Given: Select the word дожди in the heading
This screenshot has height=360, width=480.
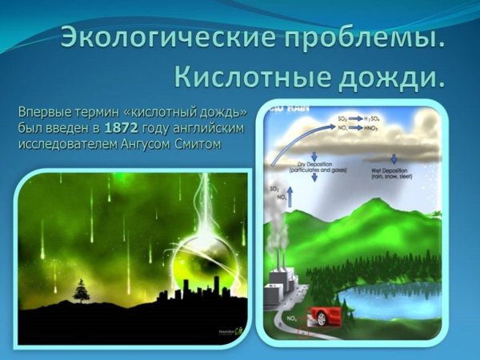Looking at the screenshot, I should (391, 77).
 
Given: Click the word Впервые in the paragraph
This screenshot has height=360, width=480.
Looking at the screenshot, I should (45, 114).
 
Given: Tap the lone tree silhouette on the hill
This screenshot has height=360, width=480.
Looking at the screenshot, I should (81, 290).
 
